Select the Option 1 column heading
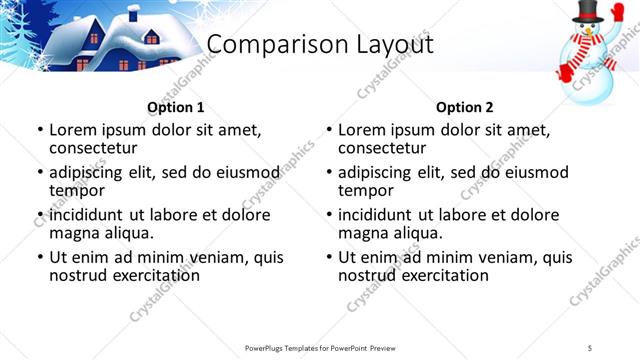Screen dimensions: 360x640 (176, 107)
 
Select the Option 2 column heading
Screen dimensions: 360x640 (465, 107)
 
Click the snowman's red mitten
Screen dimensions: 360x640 (566, 72)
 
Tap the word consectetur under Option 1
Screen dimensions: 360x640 (99, 148)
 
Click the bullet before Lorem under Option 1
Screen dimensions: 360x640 (39, 130)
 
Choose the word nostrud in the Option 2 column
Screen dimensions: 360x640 (366, 275)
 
